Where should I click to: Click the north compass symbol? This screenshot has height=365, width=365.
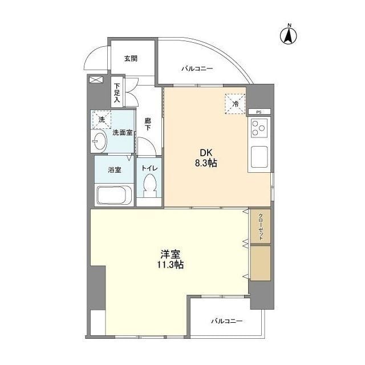(x=290, y=35)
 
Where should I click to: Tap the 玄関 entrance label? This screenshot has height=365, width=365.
(x=131, y=58)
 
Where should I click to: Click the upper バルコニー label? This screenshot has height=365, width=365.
(x=197, y=68)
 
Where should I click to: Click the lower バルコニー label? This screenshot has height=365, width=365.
(x=226, y=321)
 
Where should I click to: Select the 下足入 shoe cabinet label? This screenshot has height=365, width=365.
(x=116, y=91)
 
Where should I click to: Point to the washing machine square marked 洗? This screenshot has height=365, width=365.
(x=101, y=120)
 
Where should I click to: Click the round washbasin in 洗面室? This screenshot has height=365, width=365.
(x=98, y=140)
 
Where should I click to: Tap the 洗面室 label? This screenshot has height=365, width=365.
(x=122, y=133)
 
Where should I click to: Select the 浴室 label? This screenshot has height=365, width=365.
(x=115, y=169)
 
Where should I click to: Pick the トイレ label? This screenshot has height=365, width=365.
(x=149, y=169)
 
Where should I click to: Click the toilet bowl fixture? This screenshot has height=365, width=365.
(x=150, y=185)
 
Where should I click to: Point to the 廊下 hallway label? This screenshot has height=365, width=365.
(x=148, y=124)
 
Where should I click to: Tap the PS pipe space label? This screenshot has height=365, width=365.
(x=259, y=112)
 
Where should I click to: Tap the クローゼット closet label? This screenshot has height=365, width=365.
(x=261, y=226)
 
